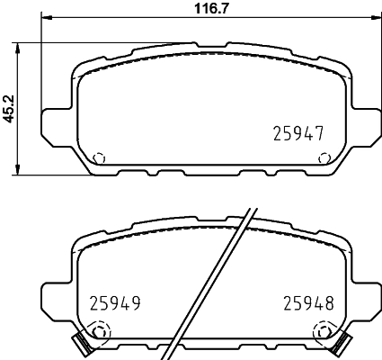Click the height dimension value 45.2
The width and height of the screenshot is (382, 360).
point(8,107)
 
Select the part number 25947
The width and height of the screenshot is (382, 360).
point(298,133)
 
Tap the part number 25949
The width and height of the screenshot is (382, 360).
point(116,304)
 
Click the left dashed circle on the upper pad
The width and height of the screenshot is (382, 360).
point(100,157)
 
